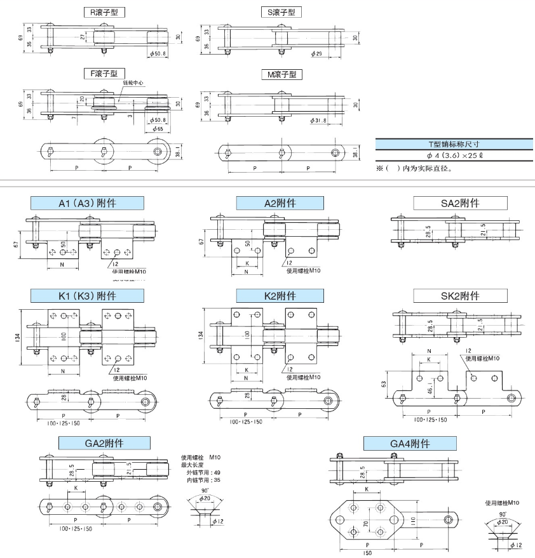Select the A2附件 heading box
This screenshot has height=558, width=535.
(x=280, y=203)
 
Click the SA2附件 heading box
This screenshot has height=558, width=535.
(x=460, y=203)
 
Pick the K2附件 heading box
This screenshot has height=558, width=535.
(x=280, y=296)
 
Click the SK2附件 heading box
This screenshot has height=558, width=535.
(x=460, y=296)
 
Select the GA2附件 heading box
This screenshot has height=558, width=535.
(x=104, y=442)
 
